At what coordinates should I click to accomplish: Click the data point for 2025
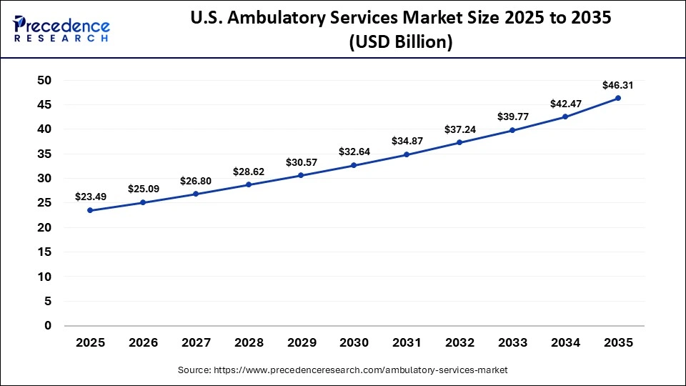(90, 210)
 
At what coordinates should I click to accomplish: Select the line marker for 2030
(354, 165)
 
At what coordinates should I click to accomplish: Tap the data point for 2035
(618, 98)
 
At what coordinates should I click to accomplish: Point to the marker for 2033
(512, 130)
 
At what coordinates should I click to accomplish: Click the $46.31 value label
(618, 85)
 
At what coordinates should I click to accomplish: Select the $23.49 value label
(90, 197)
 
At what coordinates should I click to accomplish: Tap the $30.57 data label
(301, 162)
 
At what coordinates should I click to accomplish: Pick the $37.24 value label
(459, 129)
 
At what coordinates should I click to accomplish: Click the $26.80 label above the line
(196, 180)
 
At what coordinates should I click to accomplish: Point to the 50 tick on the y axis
(44, 80)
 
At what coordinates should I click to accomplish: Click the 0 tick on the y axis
(48, 325)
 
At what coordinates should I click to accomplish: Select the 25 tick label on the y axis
(44, 203)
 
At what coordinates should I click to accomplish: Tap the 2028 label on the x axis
(248, 343)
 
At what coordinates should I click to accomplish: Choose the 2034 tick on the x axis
(565, 343)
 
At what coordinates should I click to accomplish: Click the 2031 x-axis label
(407, 343)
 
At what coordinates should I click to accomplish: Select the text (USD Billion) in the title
(400, 42)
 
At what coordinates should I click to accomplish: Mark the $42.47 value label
(565, 104)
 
